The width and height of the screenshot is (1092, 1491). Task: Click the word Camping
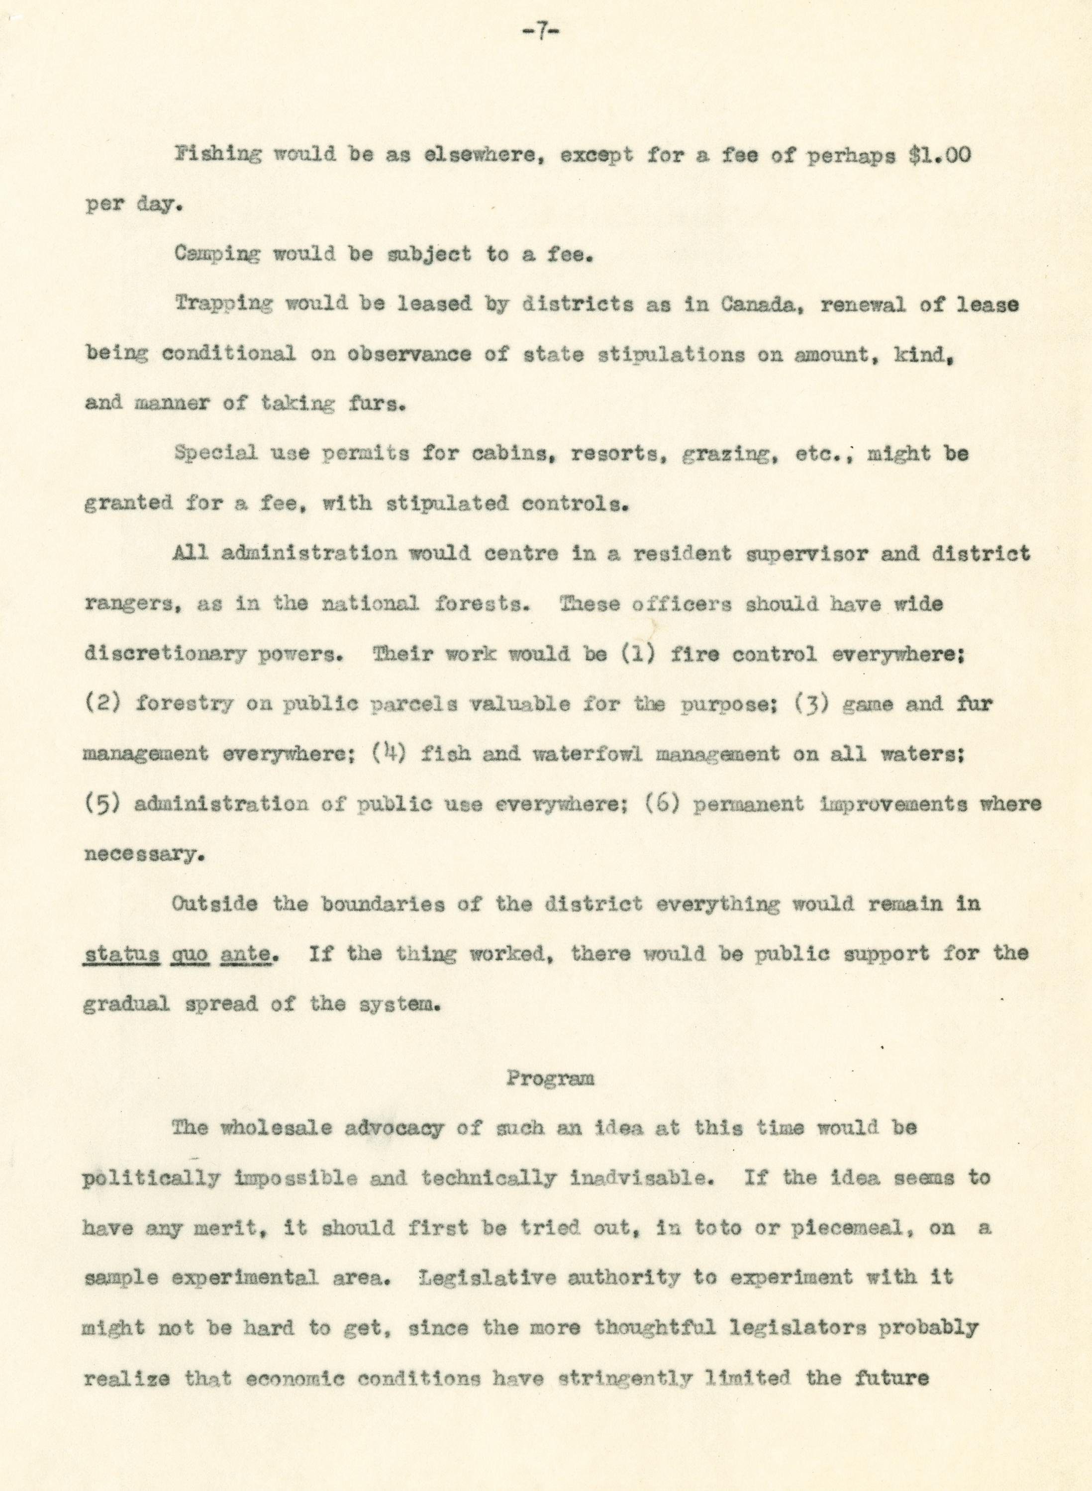pyautogui.click(x=217, y=254)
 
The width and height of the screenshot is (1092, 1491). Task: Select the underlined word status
pyautogui.click(x=122, y=954)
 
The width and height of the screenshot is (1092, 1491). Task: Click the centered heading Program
pyautogui.click(x=550, y=1079)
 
